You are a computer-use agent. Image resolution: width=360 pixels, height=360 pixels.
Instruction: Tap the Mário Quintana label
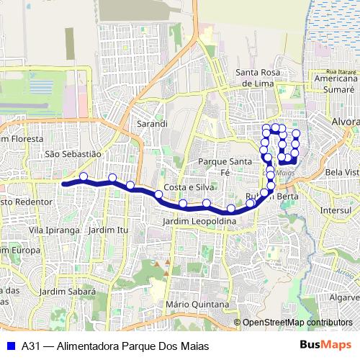(x=192, y=304)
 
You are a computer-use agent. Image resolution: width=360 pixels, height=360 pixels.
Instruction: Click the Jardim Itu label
(x=107, y=230)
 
